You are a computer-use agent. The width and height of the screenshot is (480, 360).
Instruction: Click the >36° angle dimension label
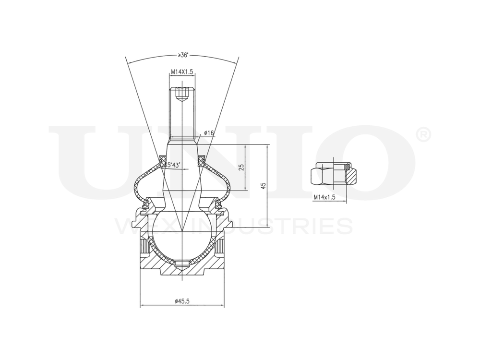tap(182, 55)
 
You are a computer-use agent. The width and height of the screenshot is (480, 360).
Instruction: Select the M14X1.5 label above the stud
tap(182, 72)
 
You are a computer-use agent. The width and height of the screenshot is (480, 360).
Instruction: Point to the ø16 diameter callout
tap(208, 132)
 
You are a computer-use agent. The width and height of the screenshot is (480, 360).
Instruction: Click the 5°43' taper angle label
tap(174, 165)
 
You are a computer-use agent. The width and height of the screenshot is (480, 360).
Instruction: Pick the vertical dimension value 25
tap(241, 167)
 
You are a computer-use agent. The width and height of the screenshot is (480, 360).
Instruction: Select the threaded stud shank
tap(182, 115)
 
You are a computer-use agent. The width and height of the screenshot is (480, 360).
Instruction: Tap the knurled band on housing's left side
tap(143, 247)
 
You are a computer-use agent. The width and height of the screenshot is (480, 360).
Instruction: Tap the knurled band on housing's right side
tap(221, 247)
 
